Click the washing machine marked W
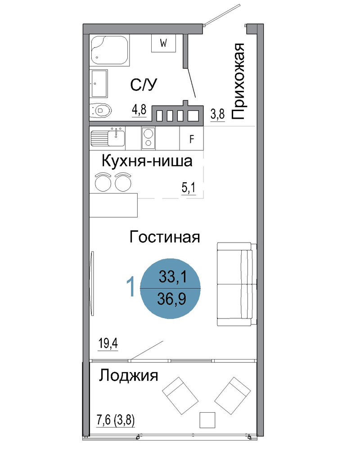pyautogui.click(x=163, y=43)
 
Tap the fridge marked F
pyautogui.click(x=192, y=138)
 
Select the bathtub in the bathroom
pyautogui.click(x=109, y=50)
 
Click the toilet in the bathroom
pyautogui.click(x=100, y=110)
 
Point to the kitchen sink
pyautogui.click(x=108, y=138)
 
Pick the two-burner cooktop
pyautogui.click(x=148, y=138)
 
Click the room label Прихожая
pyautogui.click(x=238, y=81)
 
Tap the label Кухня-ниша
pyautogui.click(x=147, y=161)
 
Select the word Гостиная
pyautogui.click(x=165, y=237)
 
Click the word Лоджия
pyautogui.click(x=129, y=375)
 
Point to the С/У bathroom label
pyautogui.click(x=144, y=85)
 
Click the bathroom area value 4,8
pyautogui.click(x=139, y=110)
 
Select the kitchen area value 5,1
pyautogui.click(x=189, y=188)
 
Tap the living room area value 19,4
pyautogui.click(x=108, y=343)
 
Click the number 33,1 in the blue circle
pyautogui.click(x=173, y=277)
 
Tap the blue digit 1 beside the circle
pyautogui.click(x=131, y=286)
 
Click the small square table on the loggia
pyautogui.click(x=207, y=420)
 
